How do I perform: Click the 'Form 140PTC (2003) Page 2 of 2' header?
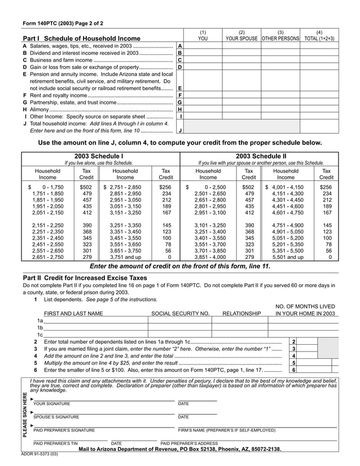(x=63, y=24)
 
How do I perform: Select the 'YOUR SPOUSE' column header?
(x=242, y=38)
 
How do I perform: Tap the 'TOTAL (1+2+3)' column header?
(x=319, y=38)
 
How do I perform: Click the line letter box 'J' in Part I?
(x=179, y=130)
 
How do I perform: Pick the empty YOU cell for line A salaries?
(x=203, y=46)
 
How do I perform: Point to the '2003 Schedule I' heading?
(x=99, y=156)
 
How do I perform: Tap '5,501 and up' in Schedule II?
(x=288, y=257)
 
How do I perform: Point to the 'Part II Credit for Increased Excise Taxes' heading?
(x=85, y=278)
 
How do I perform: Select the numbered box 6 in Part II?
(x=294, y=370)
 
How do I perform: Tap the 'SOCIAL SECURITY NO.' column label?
(x=180, y=313)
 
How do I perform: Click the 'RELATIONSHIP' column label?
(x=242, y=313)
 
